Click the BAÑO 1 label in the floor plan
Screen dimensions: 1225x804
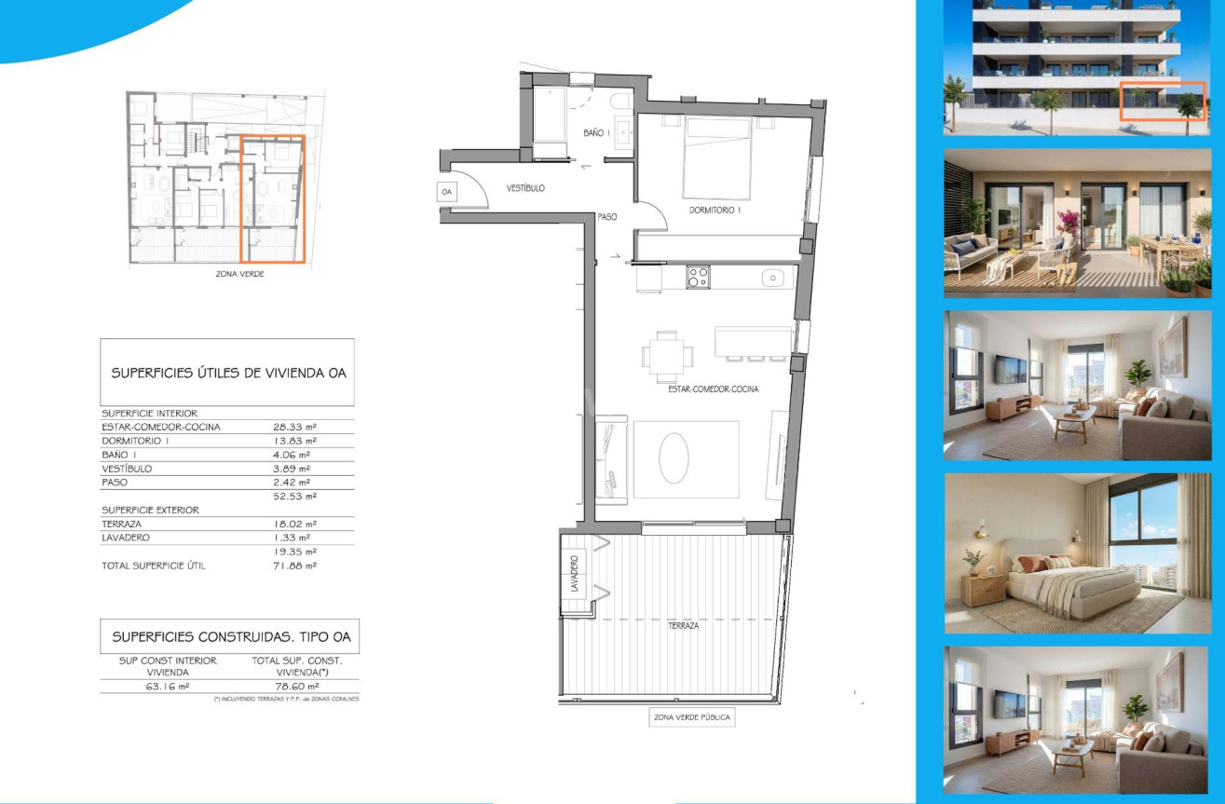click(596, 133)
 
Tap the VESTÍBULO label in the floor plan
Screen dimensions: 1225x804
click(525, 188)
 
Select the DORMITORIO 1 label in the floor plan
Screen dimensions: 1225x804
click(715, 210)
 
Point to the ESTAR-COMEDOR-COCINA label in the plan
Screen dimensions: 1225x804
click(714, 389)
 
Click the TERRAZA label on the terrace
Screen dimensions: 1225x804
click(683, 626)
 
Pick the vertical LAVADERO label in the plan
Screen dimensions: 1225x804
click(574, 574)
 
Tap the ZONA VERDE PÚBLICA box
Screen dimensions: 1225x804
click(692, 717)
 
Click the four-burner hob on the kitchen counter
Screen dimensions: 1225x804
click(699, 278)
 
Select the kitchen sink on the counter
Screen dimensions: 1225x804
click(773, 278)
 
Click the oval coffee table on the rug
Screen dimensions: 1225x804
click(674, 457)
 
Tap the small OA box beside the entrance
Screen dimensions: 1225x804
click(447, 192)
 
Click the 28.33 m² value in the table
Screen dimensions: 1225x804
click(294, 428)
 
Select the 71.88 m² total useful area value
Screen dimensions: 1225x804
click(294, 566)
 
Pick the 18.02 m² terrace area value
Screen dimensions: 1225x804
click(294, 524)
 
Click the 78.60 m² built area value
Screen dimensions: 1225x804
click(297, 687)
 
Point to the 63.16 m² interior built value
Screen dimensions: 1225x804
click(168, 687)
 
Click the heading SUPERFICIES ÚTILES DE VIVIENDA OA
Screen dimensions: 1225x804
click(228, 373)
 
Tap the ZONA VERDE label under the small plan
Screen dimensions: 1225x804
click(239, 274)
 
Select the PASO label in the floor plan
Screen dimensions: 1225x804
click(607, 217)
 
